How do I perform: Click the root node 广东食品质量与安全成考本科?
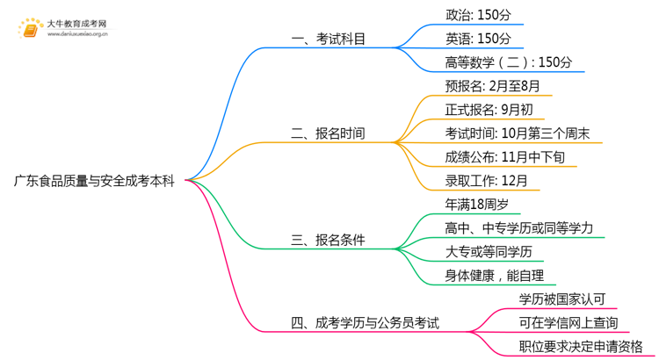93,182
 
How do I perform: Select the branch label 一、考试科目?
328,39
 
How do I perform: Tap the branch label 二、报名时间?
328,134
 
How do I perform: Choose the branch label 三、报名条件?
328,240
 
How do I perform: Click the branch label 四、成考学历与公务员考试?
365,322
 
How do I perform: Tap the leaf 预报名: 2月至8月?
492,86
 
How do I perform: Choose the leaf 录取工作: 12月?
487,182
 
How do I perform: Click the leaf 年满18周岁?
477,205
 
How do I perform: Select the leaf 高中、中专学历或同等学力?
519,228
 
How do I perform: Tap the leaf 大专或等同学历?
489,252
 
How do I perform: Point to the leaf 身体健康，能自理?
496,276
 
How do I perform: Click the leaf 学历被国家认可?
562,299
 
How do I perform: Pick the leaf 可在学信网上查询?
568,322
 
